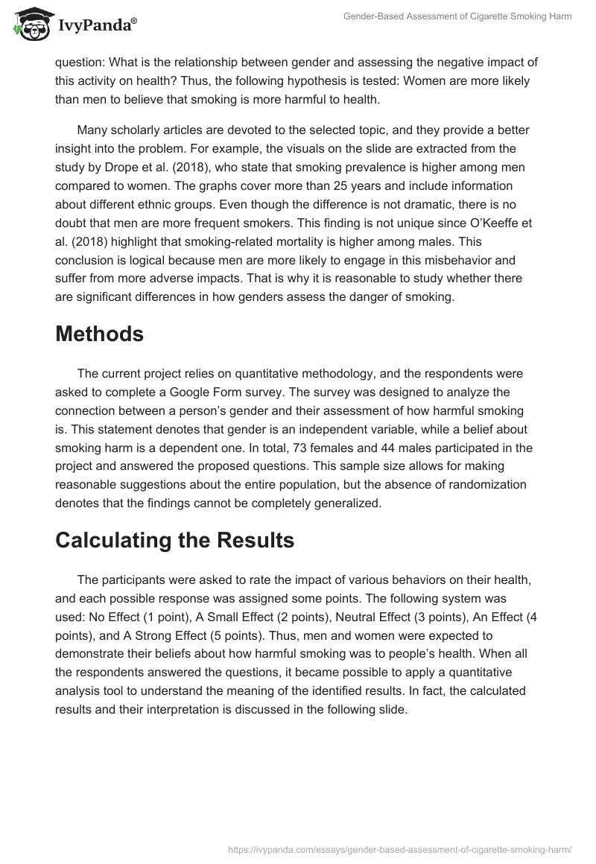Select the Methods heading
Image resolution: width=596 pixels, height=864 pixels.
(x=99, y=334)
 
